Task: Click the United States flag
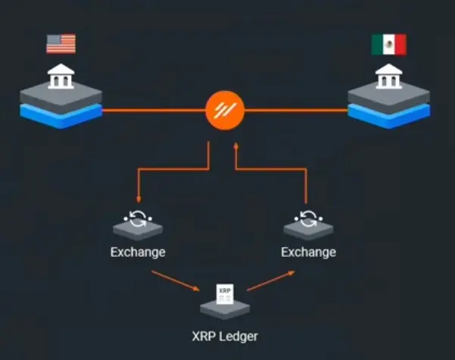(x=61, y=44)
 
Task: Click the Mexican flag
(x=389, y=45)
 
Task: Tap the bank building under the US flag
(x=61, y=76)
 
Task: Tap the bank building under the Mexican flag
(x=389, y=76)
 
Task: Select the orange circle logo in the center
(x=225, y=111)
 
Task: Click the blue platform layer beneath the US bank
(x=61, y=116)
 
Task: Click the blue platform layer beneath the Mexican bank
(x=389, y=116)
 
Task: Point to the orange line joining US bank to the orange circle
(x=154, y=111)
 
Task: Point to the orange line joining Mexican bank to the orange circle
(x=296, y=111)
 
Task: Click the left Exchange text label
(x=138, y=252)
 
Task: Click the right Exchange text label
(x=308, y=252)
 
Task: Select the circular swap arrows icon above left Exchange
(x=138, y=218)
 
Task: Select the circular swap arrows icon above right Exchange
(x=308, y=218)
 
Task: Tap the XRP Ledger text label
(x=225, y=337)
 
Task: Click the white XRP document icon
(x=225, y=294)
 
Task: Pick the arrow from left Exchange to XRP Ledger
(x=176, y=280)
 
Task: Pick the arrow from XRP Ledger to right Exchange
(x=271, y=280)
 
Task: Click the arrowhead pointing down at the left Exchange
(x=139, y=199)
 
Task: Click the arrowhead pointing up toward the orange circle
(x=236, y=146)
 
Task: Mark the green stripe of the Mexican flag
(x=377, y=45)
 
